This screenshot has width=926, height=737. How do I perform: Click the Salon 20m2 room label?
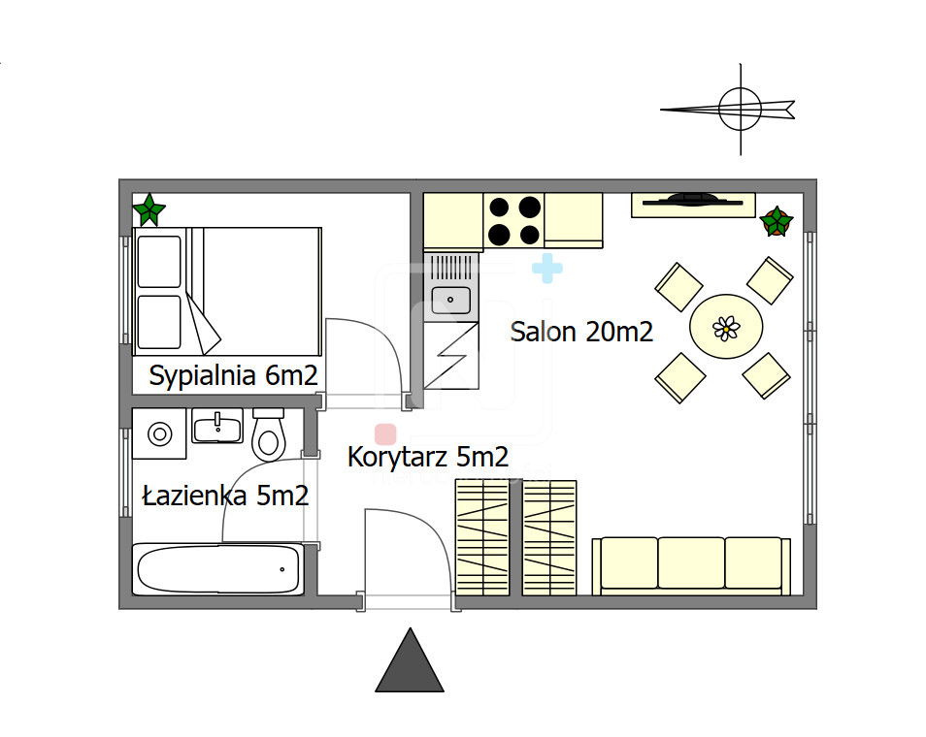581,332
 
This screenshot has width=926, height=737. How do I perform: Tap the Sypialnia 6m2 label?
233,375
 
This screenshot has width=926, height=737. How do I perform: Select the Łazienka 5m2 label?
225,496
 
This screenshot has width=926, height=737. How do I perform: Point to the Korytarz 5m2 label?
427,457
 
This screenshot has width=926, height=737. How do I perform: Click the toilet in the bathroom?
269,434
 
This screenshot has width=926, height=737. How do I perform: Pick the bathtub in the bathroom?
218,569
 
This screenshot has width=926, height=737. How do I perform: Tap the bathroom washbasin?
218,426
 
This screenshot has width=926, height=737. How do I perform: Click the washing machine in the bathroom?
159,433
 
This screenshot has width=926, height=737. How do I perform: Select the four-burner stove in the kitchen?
513,221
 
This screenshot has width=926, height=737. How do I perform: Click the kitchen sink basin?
451,300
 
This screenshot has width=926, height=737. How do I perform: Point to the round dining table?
726,326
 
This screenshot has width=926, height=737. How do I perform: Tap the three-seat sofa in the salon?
691,565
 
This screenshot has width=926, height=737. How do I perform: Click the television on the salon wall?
693,201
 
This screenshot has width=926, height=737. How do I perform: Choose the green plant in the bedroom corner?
149,209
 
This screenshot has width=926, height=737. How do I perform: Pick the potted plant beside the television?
776,221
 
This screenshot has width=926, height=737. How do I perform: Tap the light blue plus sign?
547,269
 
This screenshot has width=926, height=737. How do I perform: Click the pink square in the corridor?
385,434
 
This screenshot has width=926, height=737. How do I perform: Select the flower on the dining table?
726,328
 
